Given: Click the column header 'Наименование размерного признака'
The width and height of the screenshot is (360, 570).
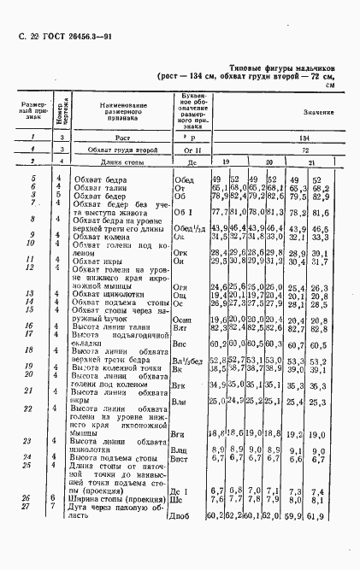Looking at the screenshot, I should [x=116, y=112].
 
